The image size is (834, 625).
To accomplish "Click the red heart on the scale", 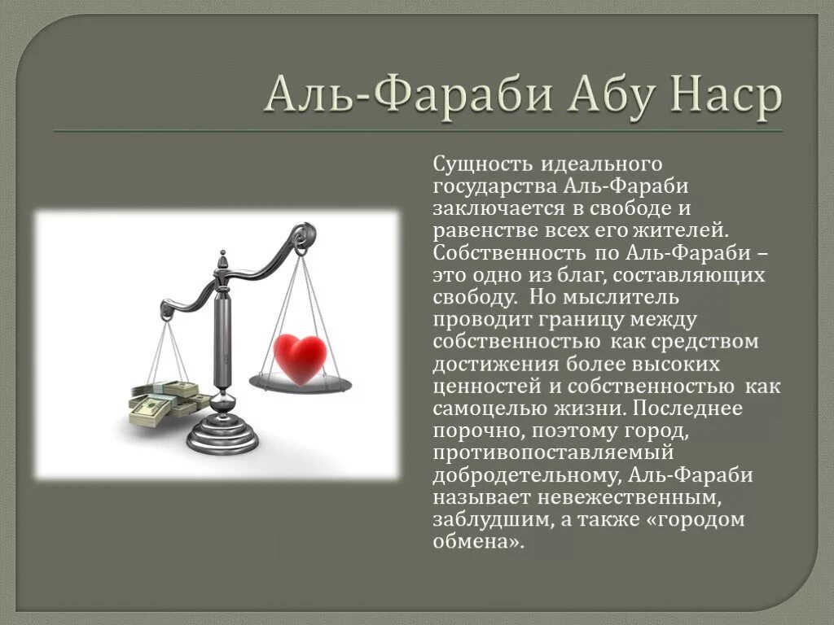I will (300, 356).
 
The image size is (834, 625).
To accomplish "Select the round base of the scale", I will (222, 435).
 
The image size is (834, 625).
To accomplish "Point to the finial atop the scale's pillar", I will (222, 262).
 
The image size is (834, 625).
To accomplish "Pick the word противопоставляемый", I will (553, 452).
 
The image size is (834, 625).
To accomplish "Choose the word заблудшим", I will (483, 519).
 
